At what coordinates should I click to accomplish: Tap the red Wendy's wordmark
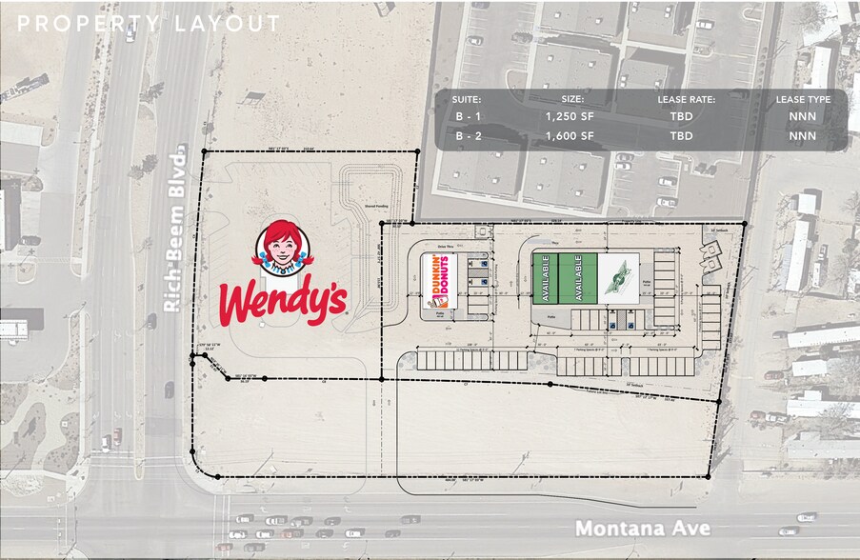coord(282,299)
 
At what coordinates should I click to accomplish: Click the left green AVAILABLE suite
coord(547,278)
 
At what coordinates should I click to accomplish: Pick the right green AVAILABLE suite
coord(571,278)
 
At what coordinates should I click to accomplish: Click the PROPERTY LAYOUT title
coord(149,24)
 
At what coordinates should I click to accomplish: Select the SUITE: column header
coord(468,99)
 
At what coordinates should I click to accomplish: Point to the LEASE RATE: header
coord(686,99)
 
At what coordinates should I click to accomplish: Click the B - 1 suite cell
coord(468,117)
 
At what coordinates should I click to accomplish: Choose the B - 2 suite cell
coord(468,136)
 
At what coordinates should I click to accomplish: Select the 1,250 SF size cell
coord(570,117)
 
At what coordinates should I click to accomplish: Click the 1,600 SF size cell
coord(570,136)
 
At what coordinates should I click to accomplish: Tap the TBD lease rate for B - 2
coord(681,136)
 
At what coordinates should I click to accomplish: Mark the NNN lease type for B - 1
coord(802,117)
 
